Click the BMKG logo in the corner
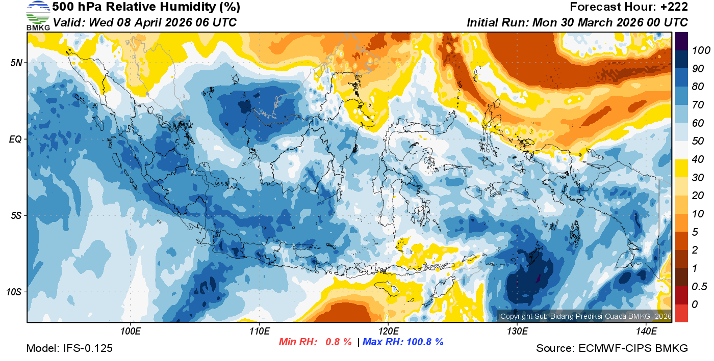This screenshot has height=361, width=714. pyautogui.click(x=38, y=15)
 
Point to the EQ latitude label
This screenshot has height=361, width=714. pyautogui.click(x=16, y=139)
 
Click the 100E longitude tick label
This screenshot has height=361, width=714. pyautogui.click(x=131, y=331)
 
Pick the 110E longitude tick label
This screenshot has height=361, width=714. pyautogui.click(x=260, y=331)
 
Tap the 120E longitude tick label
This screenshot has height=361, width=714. pyautogui.click(x=388, y=331)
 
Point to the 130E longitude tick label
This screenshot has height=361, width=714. pyautogui.click(x=517, y=331)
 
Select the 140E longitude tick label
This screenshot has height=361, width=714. pyautogui.click(x=646, y=331)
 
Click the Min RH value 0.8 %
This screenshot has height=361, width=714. pyautogui.click(x=339, y=342)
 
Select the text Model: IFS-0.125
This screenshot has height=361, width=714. pyautogui.click(x=69, y=348)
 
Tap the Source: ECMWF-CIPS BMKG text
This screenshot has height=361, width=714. pyautogui.click(x=612, y=348)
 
